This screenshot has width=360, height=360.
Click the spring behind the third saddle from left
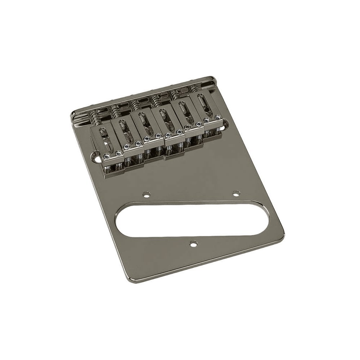pos(135,105)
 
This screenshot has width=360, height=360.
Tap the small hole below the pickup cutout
pos(194,244)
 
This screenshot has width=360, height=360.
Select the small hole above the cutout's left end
pos(146,194)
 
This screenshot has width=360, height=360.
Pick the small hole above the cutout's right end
pos(236,193)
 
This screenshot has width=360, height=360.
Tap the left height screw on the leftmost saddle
pos(107,156)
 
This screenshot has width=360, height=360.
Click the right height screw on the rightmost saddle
pos(218,117)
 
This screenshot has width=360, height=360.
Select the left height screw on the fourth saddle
pos(168,135)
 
